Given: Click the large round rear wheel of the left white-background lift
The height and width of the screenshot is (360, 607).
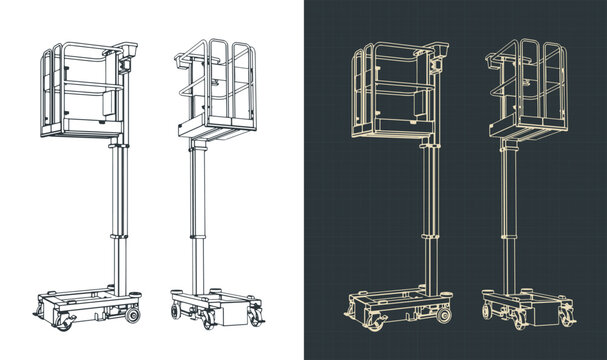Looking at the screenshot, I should (x=132, y=316).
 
